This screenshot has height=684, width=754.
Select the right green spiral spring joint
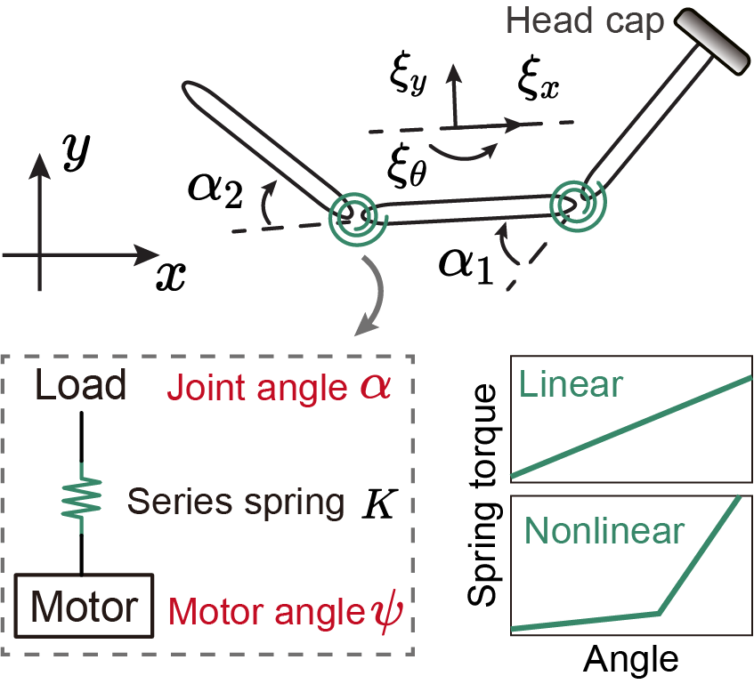pos(578,203)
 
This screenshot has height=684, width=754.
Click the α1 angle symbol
pos(466,264)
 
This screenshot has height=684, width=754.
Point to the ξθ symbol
pos(404,166)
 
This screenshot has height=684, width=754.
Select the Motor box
pos(85,607)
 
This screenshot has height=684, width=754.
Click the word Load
pos(81,387)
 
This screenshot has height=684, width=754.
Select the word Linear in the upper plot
pos(570,384)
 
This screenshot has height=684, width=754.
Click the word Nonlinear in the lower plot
pos(604,531)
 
